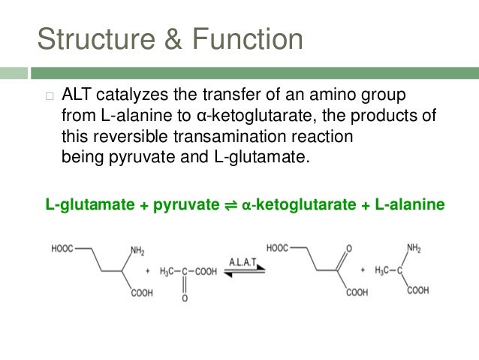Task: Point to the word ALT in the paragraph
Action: tap(77, 96)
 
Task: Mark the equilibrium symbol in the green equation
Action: tap(232, 204)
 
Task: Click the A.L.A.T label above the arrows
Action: tap(243, 260)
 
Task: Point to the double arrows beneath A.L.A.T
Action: tap(243, 274)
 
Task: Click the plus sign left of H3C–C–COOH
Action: tap(147, 271)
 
